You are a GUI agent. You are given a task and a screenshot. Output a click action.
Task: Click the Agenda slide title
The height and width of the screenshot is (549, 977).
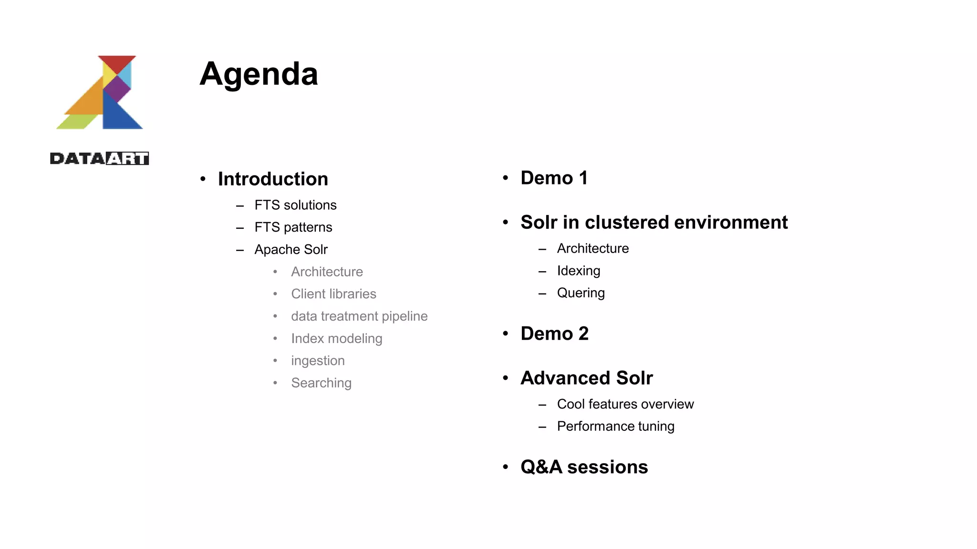point(259,74)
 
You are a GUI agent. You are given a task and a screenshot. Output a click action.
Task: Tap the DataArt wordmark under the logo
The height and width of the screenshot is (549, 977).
point(99,158)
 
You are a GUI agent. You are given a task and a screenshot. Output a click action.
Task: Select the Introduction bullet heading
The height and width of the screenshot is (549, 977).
point(273,179)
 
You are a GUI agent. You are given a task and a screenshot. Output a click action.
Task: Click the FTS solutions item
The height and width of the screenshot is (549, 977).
point(295,205)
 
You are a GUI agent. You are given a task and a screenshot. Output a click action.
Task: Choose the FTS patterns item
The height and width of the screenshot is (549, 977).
point(293,227)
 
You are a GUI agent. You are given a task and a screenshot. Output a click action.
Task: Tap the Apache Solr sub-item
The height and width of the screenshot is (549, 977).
point(291,249)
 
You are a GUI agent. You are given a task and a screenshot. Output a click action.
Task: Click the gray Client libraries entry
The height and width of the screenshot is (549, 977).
point(333,294)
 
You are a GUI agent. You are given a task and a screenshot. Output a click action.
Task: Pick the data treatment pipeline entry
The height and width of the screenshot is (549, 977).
point(359,316)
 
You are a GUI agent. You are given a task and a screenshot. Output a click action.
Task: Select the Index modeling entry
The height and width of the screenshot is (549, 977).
point(336,338)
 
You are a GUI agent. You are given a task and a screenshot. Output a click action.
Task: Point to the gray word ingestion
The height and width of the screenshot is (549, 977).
point(318,361)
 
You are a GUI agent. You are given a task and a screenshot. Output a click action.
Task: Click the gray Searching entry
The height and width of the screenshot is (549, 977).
point(321,383)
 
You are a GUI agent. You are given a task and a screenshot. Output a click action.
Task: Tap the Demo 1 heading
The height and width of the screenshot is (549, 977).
point(554,178)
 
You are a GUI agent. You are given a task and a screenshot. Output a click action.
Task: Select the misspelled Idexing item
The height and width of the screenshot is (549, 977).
point(578,271)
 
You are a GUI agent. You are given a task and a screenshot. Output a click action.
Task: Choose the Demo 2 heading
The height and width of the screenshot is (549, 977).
point(554,334)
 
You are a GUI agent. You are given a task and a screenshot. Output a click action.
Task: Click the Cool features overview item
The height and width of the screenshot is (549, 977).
point(625,404)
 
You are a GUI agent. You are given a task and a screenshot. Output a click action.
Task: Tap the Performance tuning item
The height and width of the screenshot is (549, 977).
point(615,427)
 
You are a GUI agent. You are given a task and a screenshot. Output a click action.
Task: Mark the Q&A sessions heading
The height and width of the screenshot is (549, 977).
point(584,467)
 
